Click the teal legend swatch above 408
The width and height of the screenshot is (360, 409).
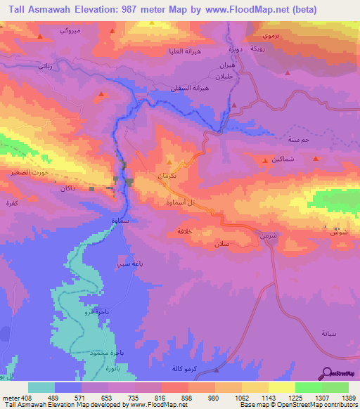pyautogui.click(x=41, y=387)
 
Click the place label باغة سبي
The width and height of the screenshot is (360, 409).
pyautogui.click(x=129, y=264)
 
